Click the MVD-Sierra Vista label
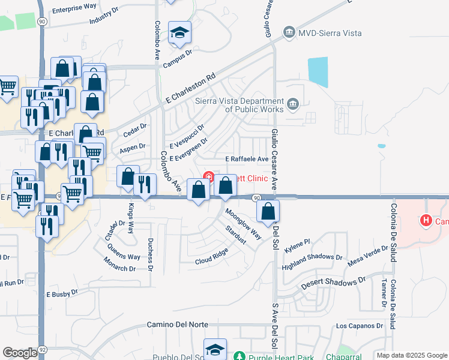[x=330, y=33]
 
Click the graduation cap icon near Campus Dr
[x=179, y=34]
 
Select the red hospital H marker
[x=426, y=221]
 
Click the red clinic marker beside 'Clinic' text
[x=209, y=177]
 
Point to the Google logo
[x=20, y=352]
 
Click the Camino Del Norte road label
[x=178, y=325]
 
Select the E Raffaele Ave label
[x=246, y=159]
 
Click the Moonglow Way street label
[x=244, y=223]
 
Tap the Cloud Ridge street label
[x=211, y=262]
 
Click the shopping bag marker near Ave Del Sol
[x=268, y=211]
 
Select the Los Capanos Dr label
[x=359, y=326]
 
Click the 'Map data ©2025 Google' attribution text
[x=411, y=355]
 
